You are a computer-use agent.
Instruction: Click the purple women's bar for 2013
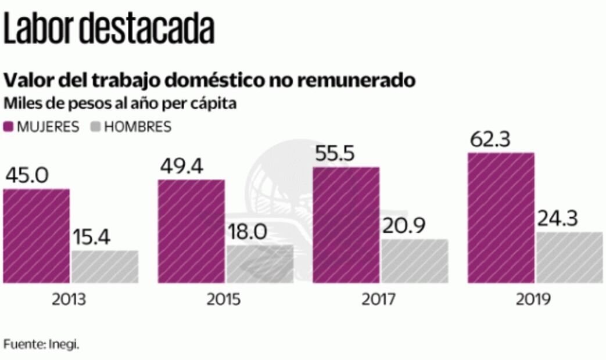tap(36, 236)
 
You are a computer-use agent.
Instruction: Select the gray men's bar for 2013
tap(105, 267)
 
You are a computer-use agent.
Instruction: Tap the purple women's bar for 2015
tap(191, 231)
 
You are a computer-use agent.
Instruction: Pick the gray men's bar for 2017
tap(415, 261)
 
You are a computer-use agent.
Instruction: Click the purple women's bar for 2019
tap(501, 218)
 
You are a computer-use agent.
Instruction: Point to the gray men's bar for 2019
tap(569, 257)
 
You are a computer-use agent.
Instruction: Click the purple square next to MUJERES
tap(9, 127)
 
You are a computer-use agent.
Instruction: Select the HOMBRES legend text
tap(137, 127)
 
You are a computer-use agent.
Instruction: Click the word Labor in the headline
tap(40, 28)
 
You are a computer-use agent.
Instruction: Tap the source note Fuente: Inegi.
tap(41, 344)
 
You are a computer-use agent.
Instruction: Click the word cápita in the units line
tap(214, 104)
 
